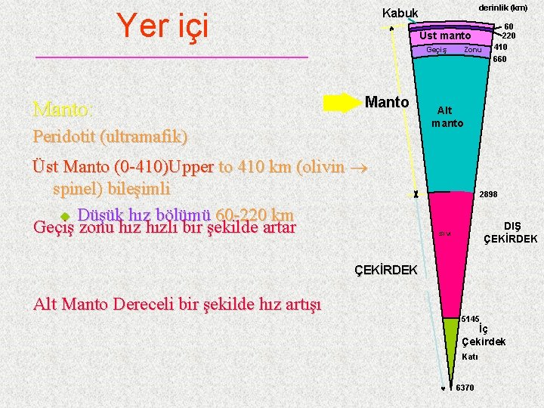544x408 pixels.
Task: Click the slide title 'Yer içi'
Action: (x=162, y=26)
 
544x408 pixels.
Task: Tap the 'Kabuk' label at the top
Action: (x=400, y=13)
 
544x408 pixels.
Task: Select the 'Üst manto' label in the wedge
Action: (x=445, y=36)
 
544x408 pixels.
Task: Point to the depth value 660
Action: (x=499, y=59)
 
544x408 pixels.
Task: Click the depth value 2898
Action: (x=488, y=194)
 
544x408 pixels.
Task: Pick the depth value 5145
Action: (x=471, y=319)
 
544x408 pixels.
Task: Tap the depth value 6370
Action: (x=465, y=388)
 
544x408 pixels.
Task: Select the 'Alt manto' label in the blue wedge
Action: (x=447, y=116)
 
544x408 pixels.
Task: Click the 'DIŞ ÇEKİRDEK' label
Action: (x=511, y=232)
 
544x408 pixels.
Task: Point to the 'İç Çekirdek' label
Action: (x=484, y=335)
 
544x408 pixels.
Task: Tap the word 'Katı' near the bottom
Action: (x=469, y=357)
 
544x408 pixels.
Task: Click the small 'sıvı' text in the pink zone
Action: (x=445, y=233)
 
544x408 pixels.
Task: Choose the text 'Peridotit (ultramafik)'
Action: (x=110, y=138)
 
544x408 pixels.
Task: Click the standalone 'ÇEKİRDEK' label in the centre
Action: (x=385, y=269)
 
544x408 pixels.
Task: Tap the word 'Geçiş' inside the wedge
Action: (x=437, y=50)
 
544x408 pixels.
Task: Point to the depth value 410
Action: (x=500, y=47)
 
